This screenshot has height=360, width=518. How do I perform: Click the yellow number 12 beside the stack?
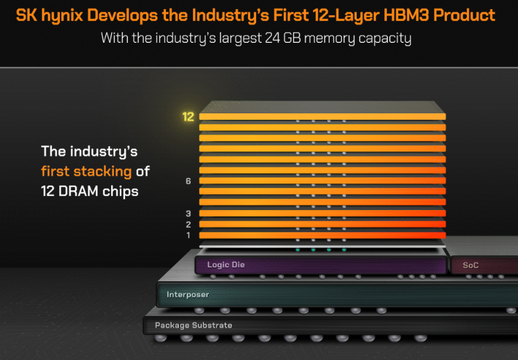tap(188, 117)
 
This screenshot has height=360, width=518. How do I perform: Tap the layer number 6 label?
tap(188, 181)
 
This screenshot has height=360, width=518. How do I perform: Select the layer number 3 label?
tap(188, 213)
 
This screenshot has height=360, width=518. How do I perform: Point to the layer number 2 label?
tap(188, 224)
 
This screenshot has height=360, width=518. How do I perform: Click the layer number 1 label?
tap(188, 235)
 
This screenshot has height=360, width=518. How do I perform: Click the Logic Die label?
tap(226, 265)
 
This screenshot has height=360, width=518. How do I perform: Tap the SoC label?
tap(471, 265)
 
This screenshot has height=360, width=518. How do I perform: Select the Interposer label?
tap(188, 294)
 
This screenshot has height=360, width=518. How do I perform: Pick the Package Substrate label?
tap(194, 325)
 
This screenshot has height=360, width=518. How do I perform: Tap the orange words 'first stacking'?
tap(87, 172)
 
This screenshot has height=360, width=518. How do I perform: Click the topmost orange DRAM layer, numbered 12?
tap(323, 117)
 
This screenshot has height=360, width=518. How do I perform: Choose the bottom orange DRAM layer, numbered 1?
tap(323, 235)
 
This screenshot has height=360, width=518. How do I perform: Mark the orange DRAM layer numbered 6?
tap(323, 181)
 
